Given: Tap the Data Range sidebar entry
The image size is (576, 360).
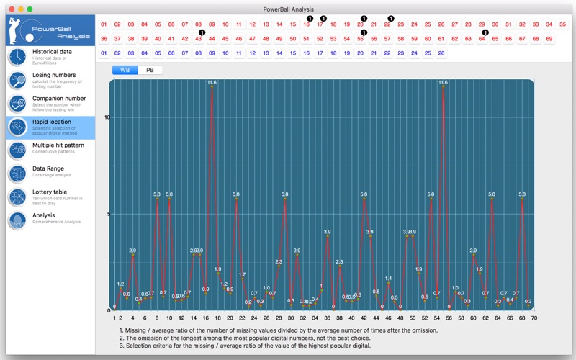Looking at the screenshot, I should point(49,173).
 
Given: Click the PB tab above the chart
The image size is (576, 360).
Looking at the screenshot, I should point(150,70).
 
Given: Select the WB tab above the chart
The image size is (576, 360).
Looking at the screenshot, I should point(125,70).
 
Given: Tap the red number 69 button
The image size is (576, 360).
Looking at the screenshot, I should point(549,39).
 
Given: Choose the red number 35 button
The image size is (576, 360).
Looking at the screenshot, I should point(563,24).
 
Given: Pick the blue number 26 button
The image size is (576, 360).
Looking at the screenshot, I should point(441,53).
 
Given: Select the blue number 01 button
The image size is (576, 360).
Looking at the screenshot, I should point(104,53).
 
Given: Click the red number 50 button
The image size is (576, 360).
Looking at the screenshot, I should point(293,39).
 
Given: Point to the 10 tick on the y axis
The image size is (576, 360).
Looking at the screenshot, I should point(107,117).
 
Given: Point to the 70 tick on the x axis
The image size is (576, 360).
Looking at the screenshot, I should point(534,317).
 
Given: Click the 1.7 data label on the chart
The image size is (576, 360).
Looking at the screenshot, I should point(242,275).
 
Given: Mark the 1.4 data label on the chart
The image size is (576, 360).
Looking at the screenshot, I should point(388,279).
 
